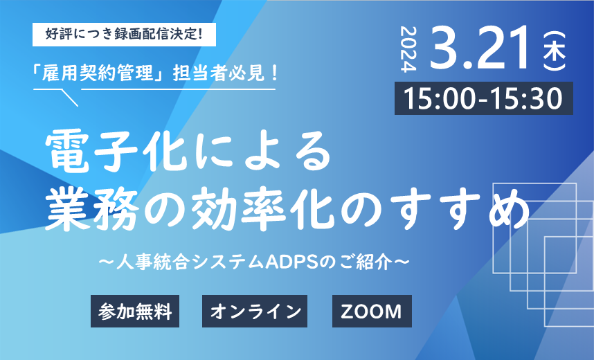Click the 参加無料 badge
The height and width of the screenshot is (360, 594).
135,311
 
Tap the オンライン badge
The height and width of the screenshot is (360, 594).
255,311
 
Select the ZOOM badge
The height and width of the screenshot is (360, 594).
372,311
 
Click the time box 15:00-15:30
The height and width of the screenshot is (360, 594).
484,98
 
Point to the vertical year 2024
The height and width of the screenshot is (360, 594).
408,49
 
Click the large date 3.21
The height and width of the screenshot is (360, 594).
480,48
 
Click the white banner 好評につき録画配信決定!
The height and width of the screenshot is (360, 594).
124,35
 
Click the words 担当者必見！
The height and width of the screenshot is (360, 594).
226,73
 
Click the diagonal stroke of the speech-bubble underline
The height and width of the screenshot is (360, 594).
70,98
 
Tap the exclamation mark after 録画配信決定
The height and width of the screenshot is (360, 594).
200,35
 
